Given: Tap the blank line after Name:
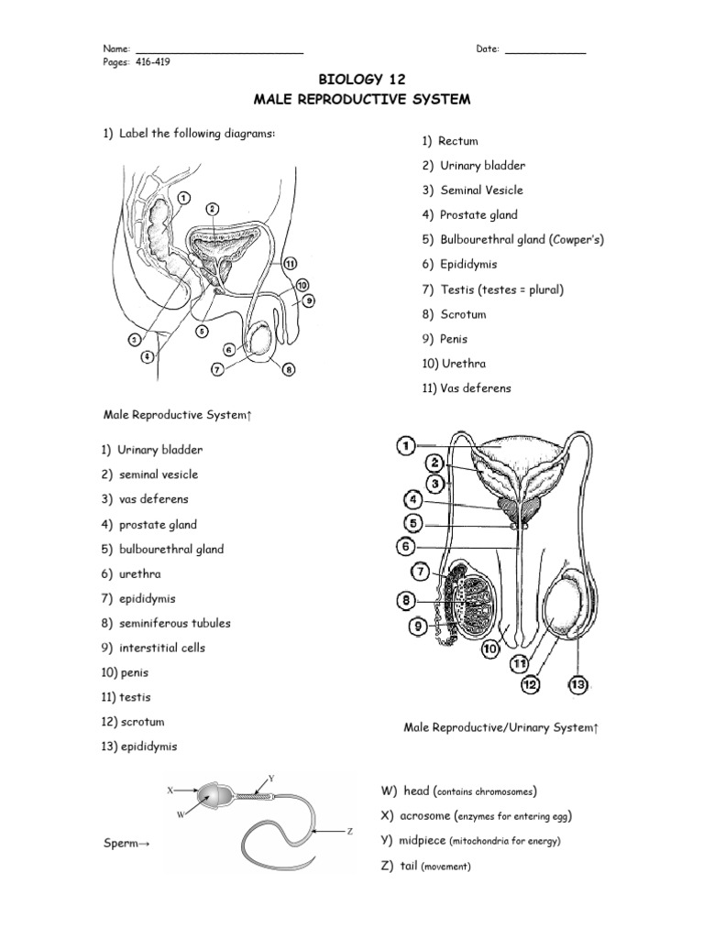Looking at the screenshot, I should pyautogui.click(x=219, y=49).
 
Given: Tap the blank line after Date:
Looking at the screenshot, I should pyautogui.click(x=545, y=49).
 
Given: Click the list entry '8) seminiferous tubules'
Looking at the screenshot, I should pyautogui.click(x=166, y=623).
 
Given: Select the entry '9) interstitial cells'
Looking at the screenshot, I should pyautogui.click(x=153, y=648).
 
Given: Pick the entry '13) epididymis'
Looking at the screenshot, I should pyautogui.click(x=139, y=747).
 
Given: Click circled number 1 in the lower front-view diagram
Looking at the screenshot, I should pyautogui.click(x=406, y=446).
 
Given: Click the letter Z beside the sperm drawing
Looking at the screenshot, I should pyautogui.click(x=350, y=832).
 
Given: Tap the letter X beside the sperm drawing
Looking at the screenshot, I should pyautogui.click(x=170, y=788).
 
